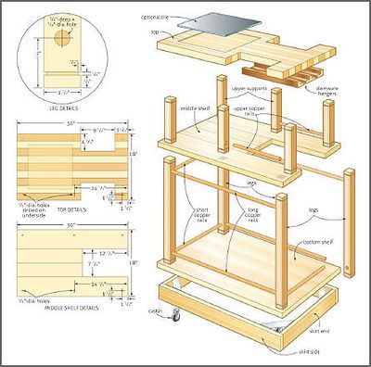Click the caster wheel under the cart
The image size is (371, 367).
(x=176, y=317)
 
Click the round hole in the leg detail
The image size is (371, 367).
(x=62, y=40)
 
